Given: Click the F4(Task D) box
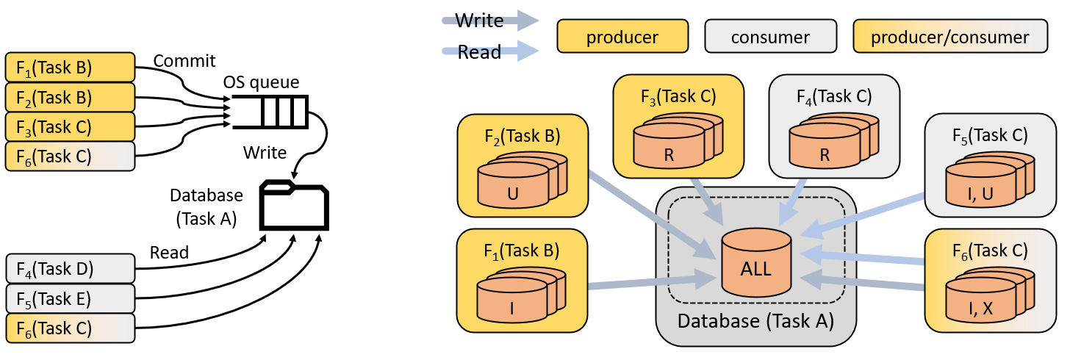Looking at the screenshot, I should coord(70,268).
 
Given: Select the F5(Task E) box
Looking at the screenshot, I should coord(70,298).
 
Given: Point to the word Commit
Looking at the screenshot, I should coord(184,60).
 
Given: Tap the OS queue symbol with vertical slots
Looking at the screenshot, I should coord(270,112).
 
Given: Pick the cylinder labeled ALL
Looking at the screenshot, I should coord(756,262).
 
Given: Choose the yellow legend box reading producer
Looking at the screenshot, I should coord(622,37).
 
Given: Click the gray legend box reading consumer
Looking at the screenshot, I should coord(770,37).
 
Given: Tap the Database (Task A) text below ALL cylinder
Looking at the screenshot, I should coord(755,321).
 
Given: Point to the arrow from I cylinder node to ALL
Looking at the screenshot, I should coord(647,283).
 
